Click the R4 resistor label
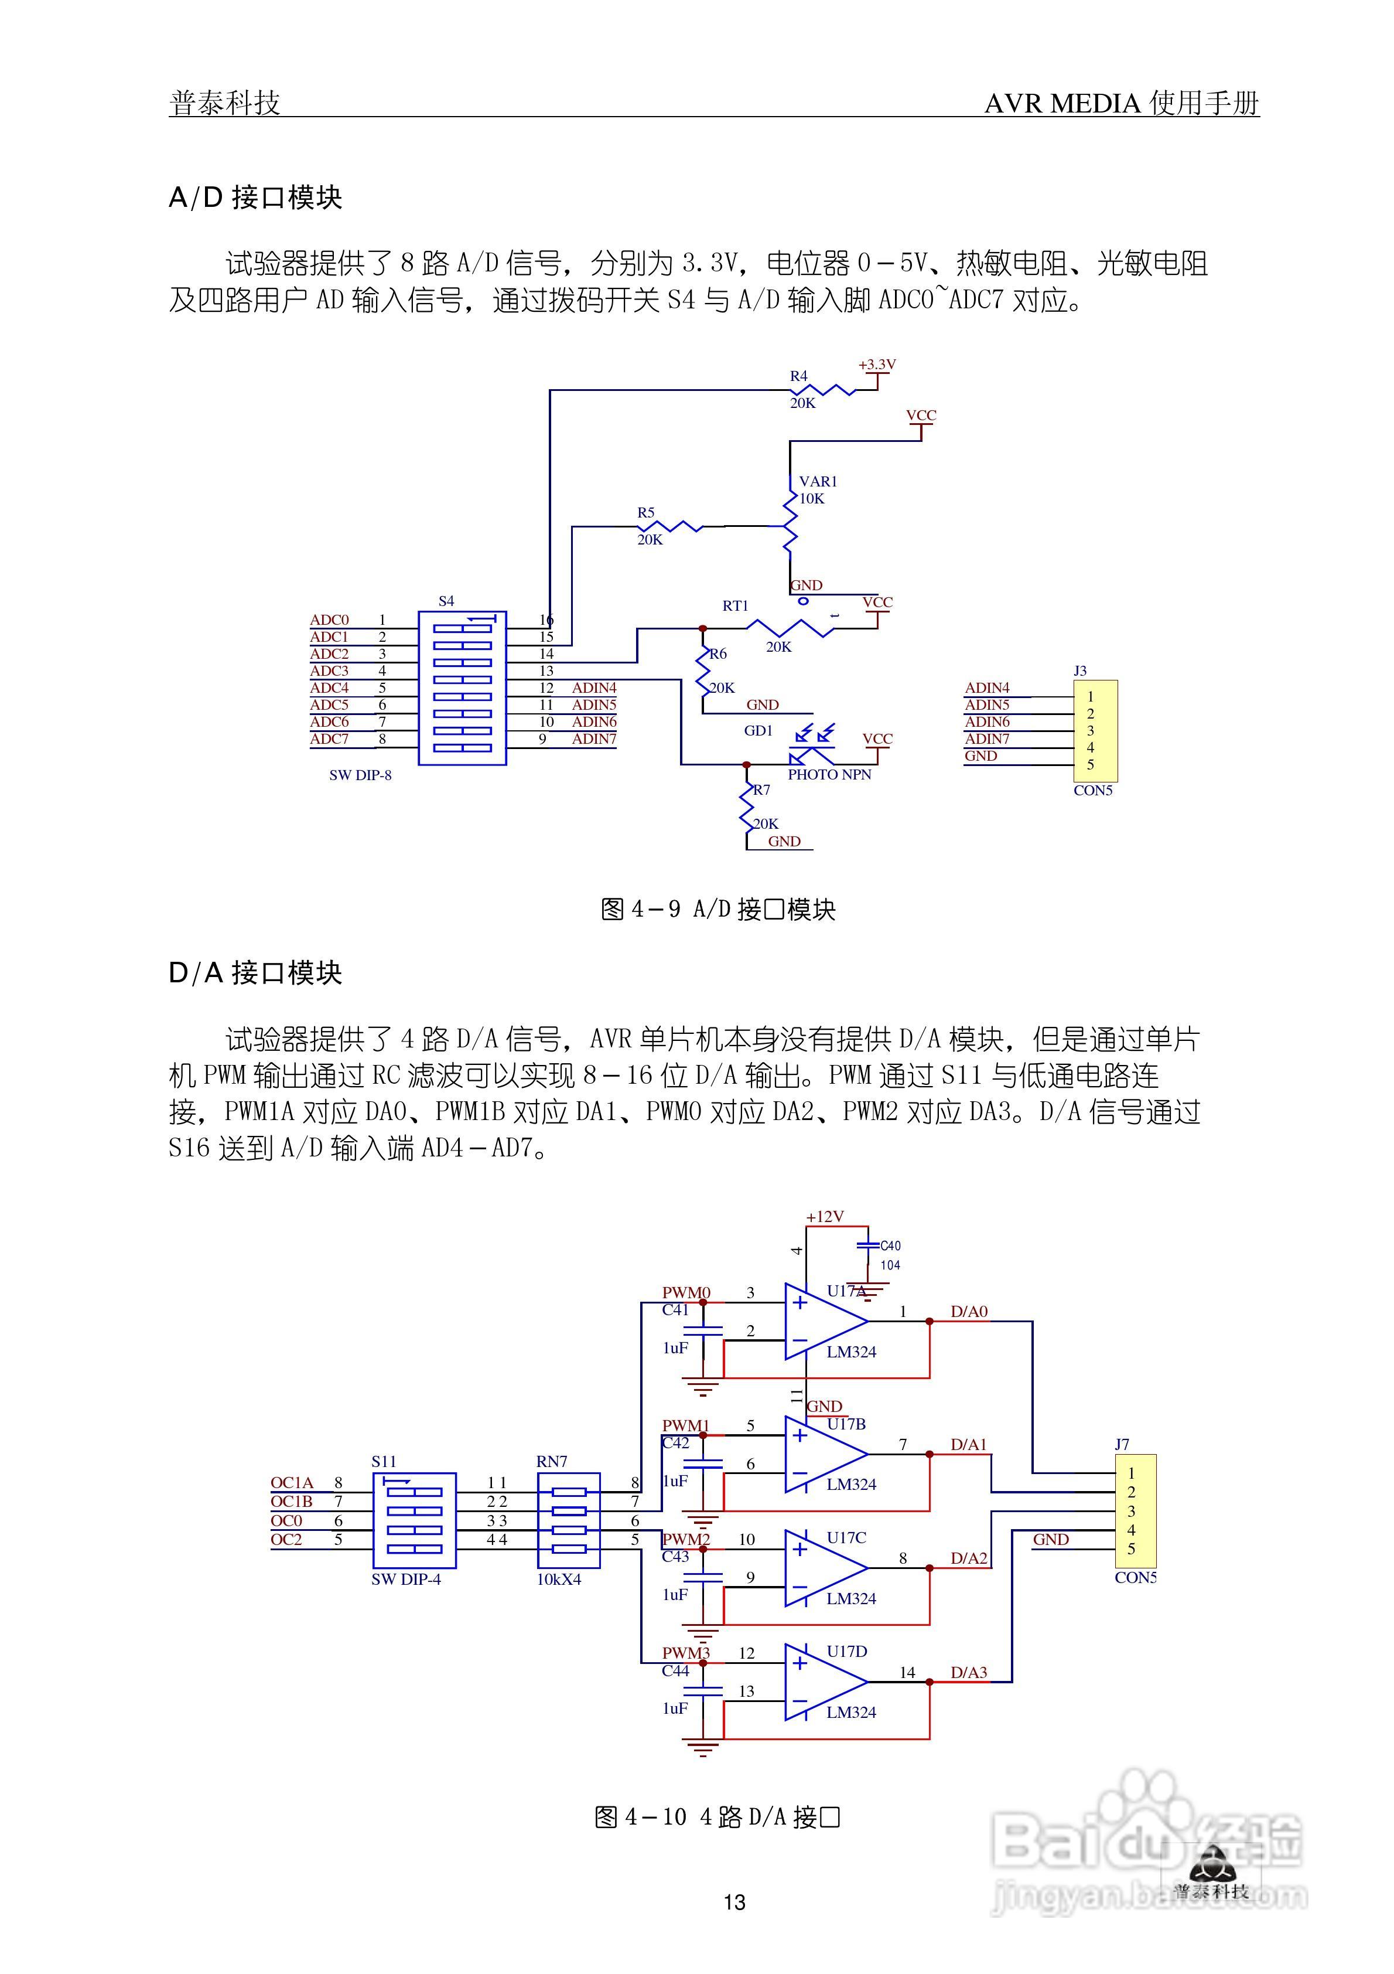pos(798,376)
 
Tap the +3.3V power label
pos(877,365)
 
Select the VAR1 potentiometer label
pos(817,481)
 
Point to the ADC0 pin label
pos(329,620)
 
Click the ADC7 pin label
pos(329,740)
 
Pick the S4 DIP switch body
pos(462,688)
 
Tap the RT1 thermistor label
pos(735,606)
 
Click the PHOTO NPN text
pos(829,775)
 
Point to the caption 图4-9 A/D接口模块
pos(717,909)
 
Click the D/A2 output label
pos(969,1558)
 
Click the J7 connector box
pos(1135,1510)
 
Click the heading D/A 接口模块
pos(255,974)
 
